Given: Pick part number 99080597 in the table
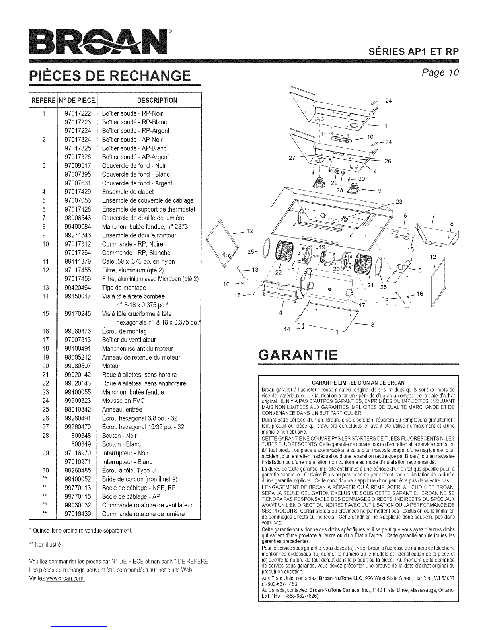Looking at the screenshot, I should tap(78, 366).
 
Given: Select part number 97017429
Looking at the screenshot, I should tap(78, 192).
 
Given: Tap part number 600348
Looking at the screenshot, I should tap(81, 436).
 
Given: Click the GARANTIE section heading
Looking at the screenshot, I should tap(298, 354).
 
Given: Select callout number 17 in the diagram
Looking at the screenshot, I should tap(362, 305).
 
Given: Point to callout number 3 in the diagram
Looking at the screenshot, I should tap(372, 325).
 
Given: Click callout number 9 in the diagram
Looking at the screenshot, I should tap(380, 190).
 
